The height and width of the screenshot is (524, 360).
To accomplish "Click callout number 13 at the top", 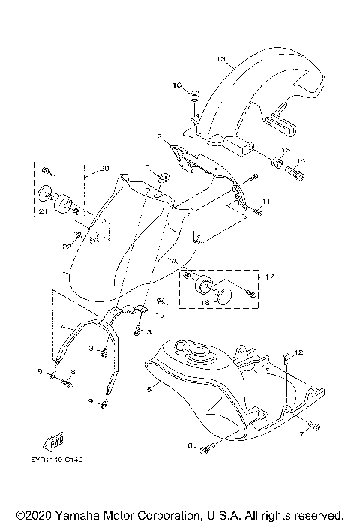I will coord(221,58).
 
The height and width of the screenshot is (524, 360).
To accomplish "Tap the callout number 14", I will coord(301,161).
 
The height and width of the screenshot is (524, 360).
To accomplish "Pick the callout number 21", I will coord(43,213).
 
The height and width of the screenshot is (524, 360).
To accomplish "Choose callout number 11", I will coord(265,202).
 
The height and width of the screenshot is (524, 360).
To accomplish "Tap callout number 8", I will coord(73,372).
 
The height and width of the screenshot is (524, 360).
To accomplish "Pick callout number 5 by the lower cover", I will coord(149,389).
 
